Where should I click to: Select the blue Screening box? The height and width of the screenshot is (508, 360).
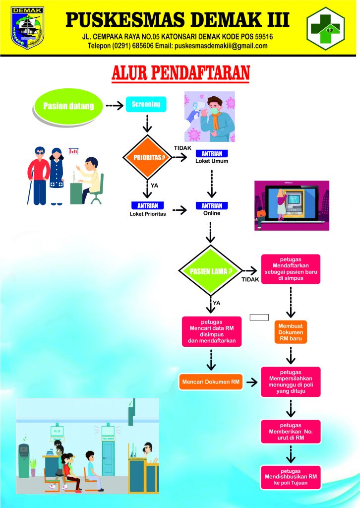coord(146,104)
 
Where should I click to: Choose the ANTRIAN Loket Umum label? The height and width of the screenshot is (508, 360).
coord(212,157)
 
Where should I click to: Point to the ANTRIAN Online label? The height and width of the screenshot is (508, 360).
coord(212,209)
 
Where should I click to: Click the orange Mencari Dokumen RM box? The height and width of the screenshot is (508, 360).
coord(211,381)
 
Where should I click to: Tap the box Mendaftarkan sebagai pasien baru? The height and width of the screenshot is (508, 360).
coord(291,268)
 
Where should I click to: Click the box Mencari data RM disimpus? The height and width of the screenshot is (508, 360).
coord(212,331)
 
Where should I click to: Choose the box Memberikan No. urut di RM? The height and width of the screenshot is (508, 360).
coord(291,432)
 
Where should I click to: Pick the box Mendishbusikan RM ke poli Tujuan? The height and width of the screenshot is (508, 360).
coord(291,477)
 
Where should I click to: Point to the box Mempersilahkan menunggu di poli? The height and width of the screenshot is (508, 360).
coord(291,381)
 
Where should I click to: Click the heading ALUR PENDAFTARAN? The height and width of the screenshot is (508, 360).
coord(180,72)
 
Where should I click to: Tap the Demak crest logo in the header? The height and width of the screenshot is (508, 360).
coord(27,27)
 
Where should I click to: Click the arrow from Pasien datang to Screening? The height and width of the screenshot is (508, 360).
coord(114,106)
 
